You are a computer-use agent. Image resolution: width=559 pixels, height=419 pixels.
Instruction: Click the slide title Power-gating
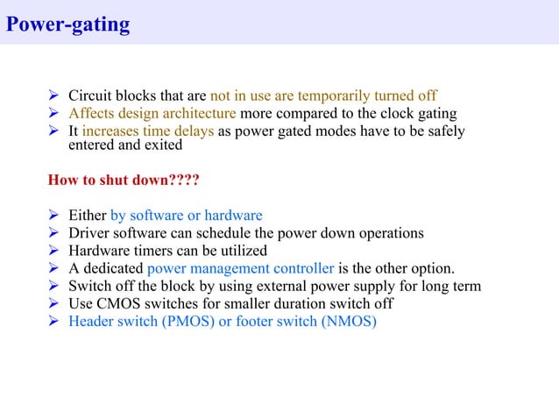tap(67, 24)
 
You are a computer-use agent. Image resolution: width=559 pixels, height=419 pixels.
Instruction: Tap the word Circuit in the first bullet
tap(90, 96)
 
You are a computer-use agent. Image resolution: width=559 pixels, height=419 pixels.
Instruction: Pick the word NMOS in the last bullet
tap(349, 322)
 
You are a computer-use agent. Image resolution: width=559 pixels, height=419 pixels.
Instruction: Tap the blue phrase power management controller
tap(240, 268)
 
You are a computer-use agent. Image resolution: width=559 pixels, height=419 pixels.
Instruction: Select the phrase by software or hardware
tap(186, 216)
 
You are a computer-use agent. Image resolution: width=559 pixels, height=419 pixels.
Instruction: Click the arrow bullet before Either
tap(53, 216)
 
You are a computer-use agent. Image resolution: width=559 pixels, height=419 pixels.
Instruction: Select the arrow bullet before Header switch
tap(53, 322)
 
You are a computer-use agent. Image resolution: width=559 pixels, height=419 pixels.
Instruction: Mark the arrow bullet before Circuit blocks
tap(53, 96)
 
